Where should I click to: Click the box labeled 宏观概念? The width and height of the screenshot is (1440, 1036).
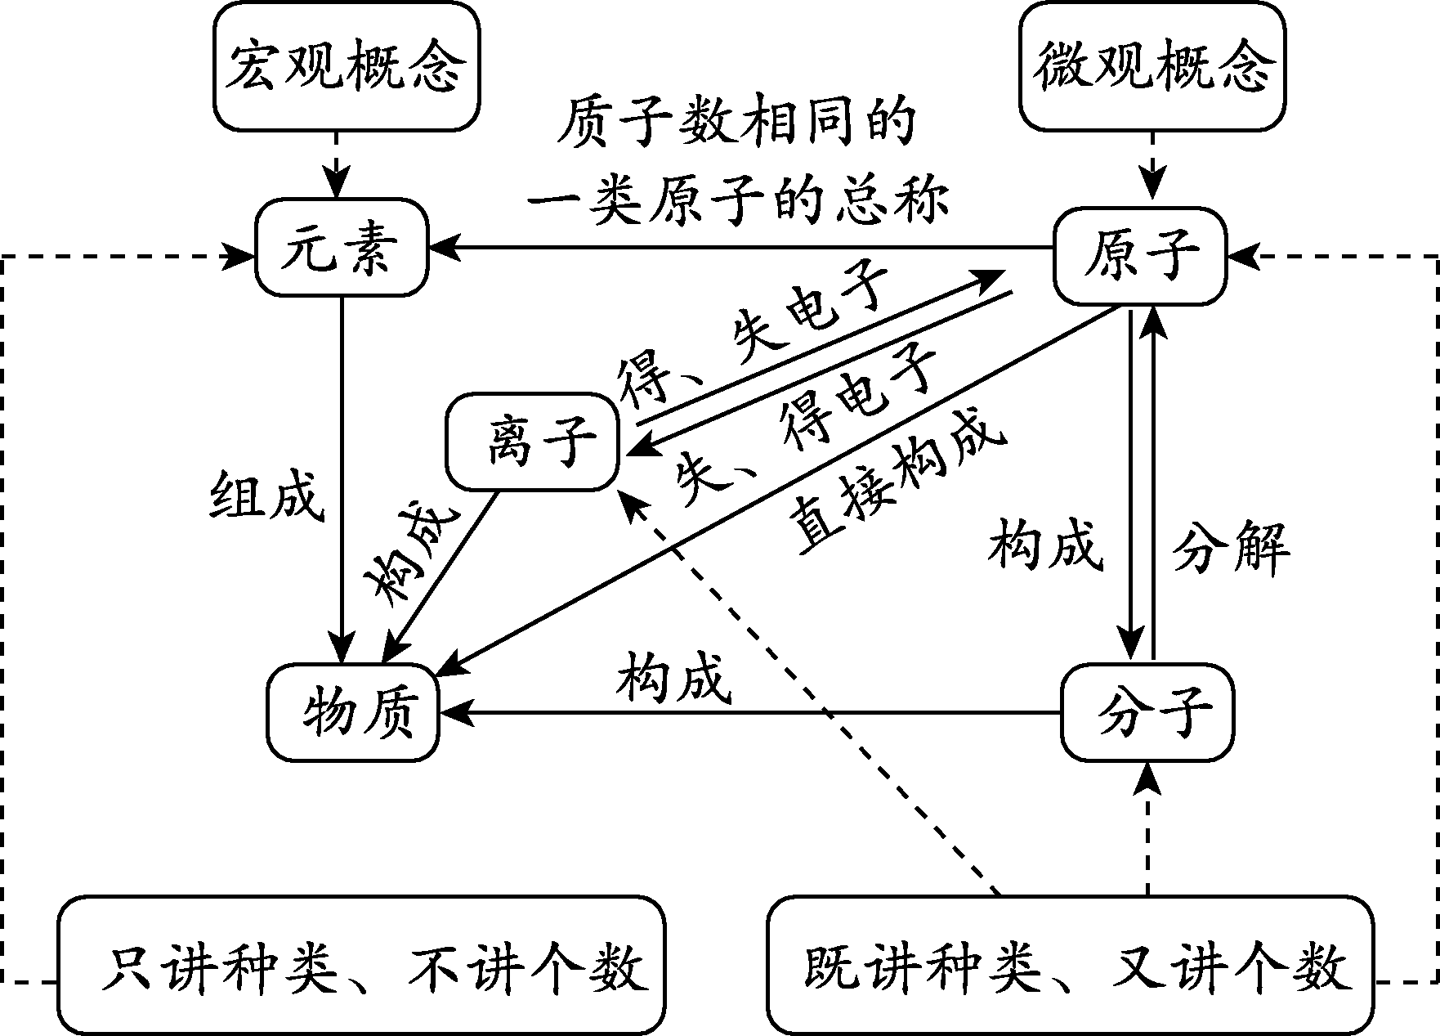346,65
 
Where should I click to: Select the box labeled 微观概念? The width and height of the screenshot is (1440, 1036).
1152,65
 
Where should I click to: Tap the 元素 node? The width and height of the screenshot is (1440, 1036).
342,246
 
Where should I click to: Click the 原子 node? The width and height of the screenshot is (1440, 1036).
1140,255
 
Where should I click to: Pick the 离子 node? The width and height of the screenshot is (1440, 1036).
532,442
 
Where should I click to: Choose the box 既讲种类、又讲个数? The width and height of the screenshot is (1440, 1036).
1071,966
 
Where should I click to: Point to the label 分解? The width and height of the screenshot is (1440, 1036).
1231,548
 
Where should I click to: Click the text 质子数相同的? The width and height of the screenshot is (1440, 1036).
736,124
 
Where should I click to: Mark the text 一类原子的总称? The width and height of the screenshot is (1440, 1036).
736,200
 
